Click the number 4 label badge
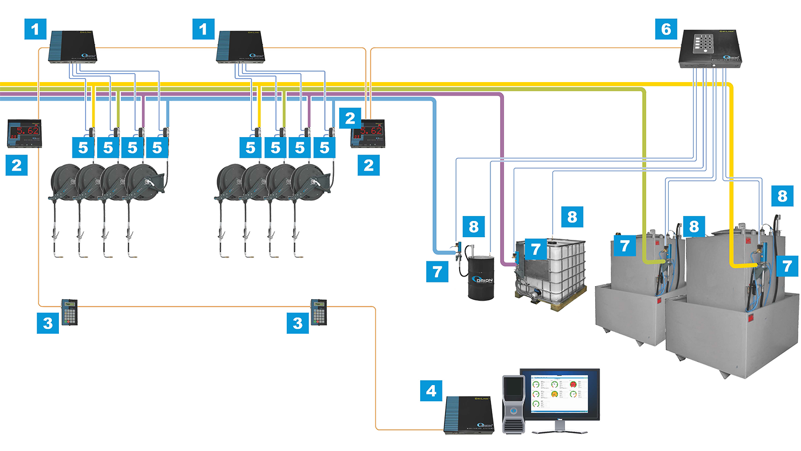point(431,391)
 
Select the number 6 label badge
point(666,29)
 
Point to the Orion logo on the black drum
point(482,281)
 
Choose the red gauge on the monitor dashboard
point(573,385)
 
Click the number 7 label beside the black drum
point(437,272)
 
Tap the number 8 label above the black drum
point(474,226)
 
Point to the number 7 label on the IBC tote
point(535,249)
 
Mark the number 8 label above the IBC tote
point(572,217)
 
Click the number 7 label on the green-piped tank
point(625,246)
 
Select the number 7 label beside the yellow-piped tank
point(787,265)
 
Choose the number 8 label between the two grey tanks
point(694,226)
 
